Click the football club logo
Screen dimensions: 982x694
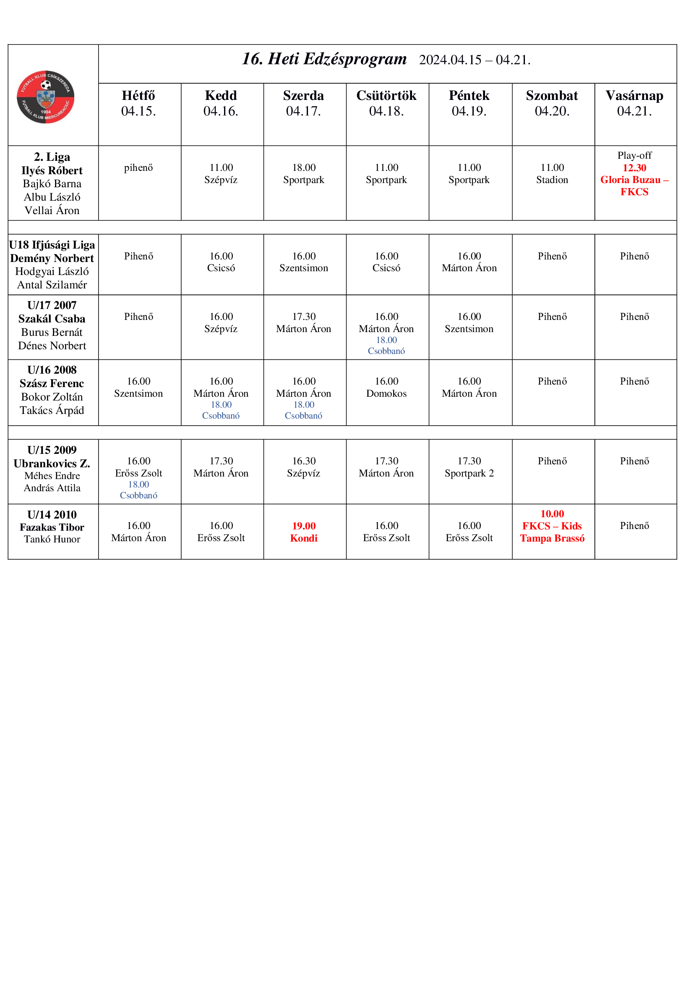pos(45,97)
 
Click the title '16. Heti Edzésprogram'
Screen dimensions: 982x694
pos(324,59)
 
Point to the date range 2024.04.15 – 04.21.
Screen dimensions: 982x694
pos(475,60)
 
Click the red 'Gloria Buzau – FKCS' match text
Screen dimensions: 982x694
pos(634,186)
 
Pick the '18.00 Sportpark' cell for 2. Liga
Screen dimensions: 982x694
pos(303,174)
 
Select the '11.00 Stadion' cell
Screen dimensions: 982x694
pos(552,174)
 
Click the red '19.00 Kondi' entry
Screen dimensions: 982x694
pos(303,532)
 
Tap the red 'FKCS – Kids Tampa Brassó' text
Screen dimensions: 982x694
pos(552,532)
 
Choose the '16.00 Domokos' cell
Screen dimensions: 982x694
pos(386,388)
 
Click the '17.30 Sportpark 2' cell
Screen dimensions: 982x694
pos(469,467)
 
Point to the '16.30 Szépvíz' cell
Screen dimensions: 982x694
pos(303,467)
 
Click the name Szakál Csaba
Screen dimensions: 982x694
pos(52,319)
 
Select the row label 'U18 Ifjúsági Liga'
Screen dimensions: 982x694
pos(52,245)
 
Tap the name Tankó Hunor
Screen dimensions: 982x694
pos(52,539)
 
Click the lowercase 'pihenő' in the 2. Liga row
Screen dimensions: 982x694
pos(138,168)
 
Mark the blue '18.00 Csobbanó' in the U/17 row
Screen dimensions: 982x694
pos(386,346)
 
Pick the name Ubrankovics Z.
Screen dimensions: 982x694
pos(52,464)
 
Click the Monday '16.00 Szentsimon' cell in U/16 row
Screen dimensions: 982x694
pos(138,388)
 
